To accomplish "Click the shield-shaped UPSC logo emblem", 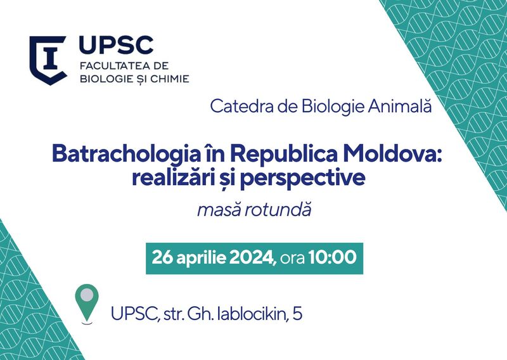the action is (48, 60).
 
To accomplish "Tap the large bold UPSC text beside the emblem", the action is (116, 45).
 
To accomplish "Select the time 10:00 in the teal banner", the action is (332, 258).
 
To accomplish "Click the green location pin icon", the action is (87, 303).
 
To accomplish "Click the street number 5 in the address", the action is (298, 314).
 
